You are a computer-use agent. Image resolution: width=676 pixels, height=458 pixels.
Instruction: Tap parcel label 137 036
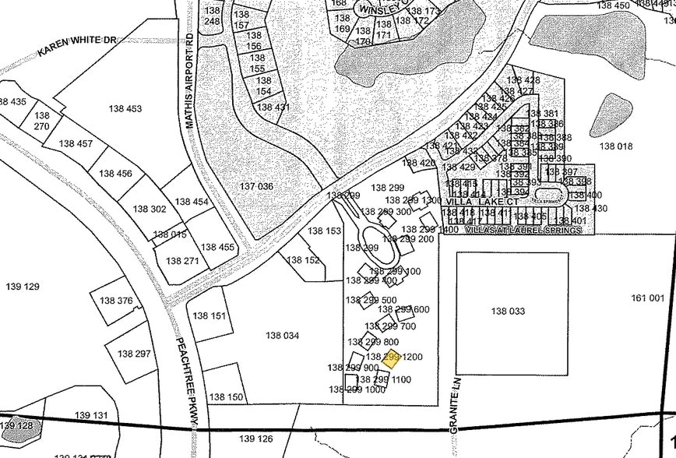point(256,186)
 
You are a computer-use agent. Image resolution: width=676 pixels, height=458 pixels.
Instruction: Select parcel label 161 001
point(647,298)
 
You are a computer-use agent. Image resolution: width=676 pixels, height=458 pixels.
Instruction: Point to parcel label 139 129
point(22,287)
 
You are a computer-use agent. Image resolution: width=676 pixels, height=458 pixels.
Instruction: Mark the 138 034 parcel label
point(282,336)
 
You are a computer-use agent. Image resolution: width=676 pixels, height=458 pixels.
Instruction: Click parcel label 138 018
point(615,146)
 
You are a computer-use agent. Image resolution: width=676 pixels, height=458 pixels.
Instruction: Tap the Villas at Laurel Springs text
point(523,231)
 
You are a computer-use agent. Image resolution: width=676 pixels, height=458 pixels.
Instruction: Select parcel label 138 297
point(134,354)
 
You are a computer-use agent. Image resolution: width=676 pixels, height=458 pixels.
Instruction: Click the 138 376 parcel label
point(116,301)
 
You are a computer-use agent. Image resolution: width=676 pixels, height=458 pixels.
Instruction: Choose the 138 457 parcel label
point(76,144)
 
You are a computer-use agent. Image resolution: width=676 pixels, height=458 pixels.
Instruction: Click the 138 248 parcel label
point(212,16)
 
